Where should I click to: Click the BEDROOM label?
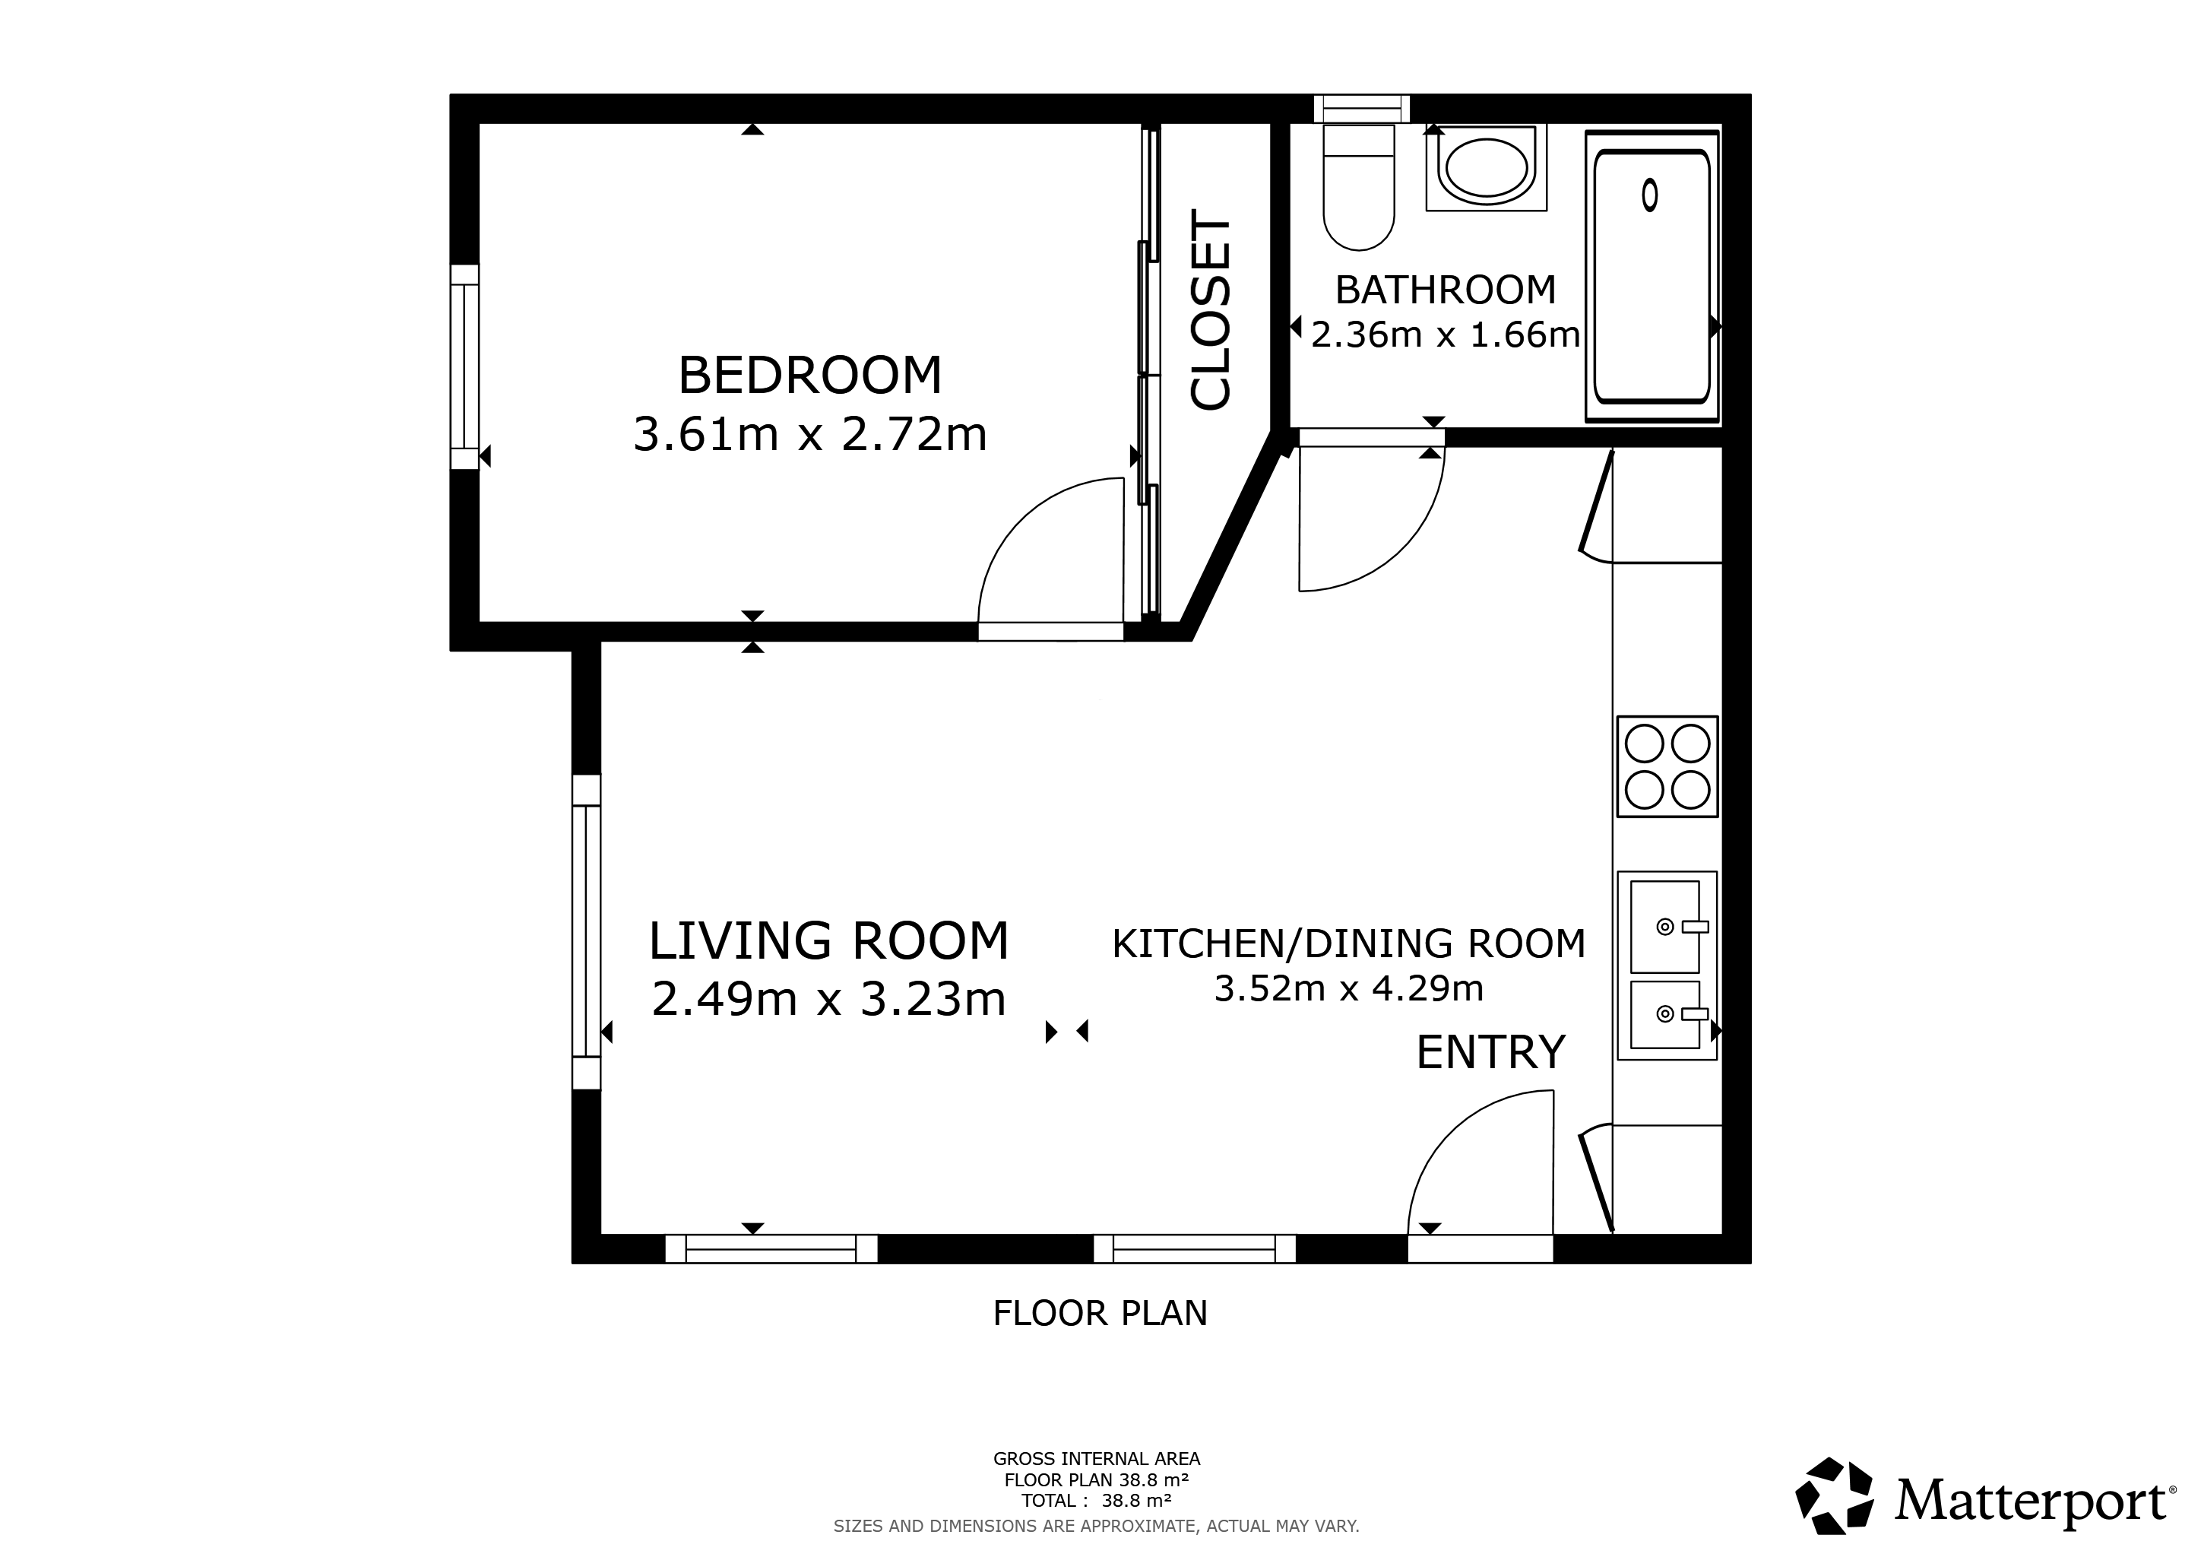pos(810,375)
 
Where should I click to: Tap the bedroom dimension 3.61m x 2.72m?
pos(810,434)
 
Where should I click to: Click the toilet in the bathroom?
pos(1358,186)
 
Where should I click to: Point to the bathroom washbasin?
pos(1486,168)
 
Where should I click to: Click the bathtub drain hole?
pos(1650,195)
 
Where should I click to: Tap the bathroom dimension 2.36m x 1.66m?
pos(1446,335)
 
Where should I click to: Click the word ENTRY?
pos(1490,1053)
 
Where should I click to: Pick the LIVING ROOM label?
pos(829,940)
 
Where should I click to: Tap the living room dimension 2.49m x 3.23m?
pos(829,999)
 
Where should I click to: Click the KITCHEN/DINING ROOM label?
pos(1349,943)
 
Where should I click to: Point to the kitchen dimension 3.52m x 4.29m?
pos(1349,988)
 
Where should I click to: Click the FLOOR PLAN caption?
pos(1100,1314)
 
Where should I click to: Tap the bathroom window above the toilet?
pos(1361,109)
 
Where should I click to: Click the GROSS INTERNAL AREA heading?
pos(1097,1459)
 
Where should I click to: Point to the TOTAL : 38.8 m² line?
pos(1097,1501)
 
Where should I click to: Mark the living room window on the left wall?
pos(586,932)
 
